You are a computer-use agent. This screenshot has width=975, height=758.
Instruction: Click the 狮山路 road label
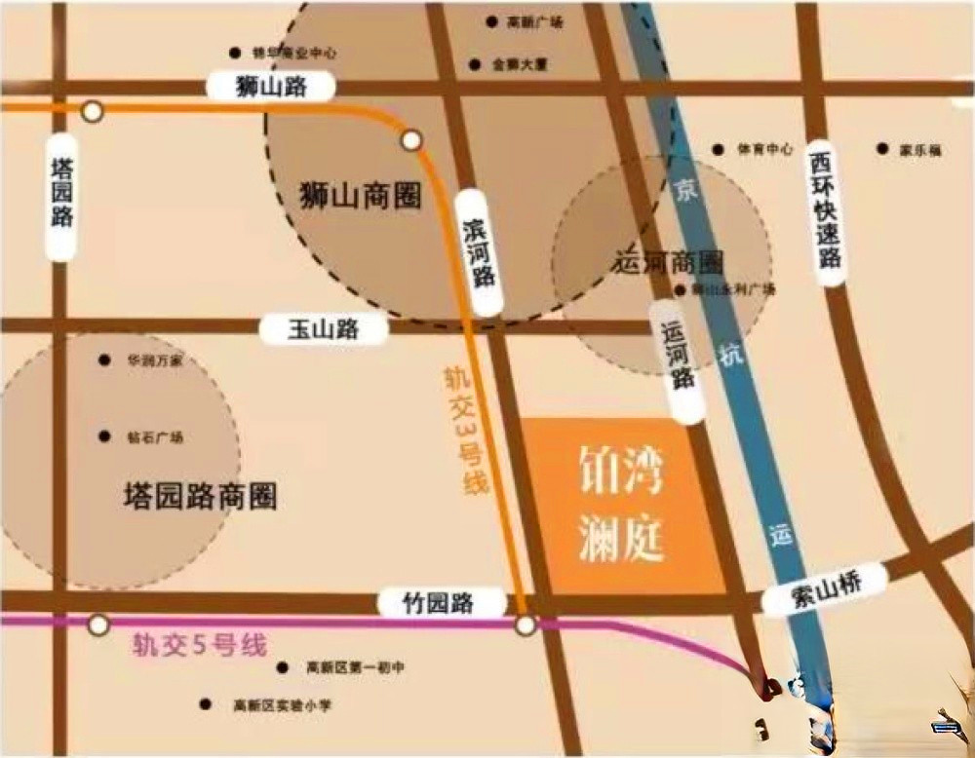[271, 87]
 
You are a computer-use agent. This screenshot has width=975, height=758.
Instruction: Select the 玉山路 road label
[323, 329]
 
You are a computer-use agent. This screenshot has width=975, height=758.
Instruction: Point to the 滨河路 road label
[479, 249]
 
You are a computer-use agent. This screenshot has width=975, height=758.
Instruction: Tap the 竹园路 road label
[439, 603]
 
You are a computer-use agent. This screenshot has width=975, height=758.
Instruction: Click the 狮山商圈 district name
[361, 196]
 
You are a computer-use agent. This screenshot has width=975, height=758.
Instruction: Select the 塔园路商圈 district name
[200, 496]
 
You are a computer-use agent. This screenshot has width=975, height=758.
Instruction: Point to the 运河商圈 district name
[671, 263]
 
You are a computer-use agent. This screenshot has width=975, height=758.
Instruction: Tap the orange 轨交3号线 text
[466, 429]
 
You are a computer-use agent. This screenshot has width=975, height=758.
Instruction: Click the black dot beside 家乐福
[882, 149]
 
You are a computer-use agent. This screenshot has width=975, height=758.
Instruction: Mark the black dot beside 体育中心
[719, 150]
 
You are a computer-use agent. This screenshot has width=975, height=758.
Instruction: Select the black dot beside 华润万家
[104, 360]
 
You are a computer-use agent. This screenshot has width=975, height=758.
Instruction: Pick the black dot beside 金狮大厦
[475, 65]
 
